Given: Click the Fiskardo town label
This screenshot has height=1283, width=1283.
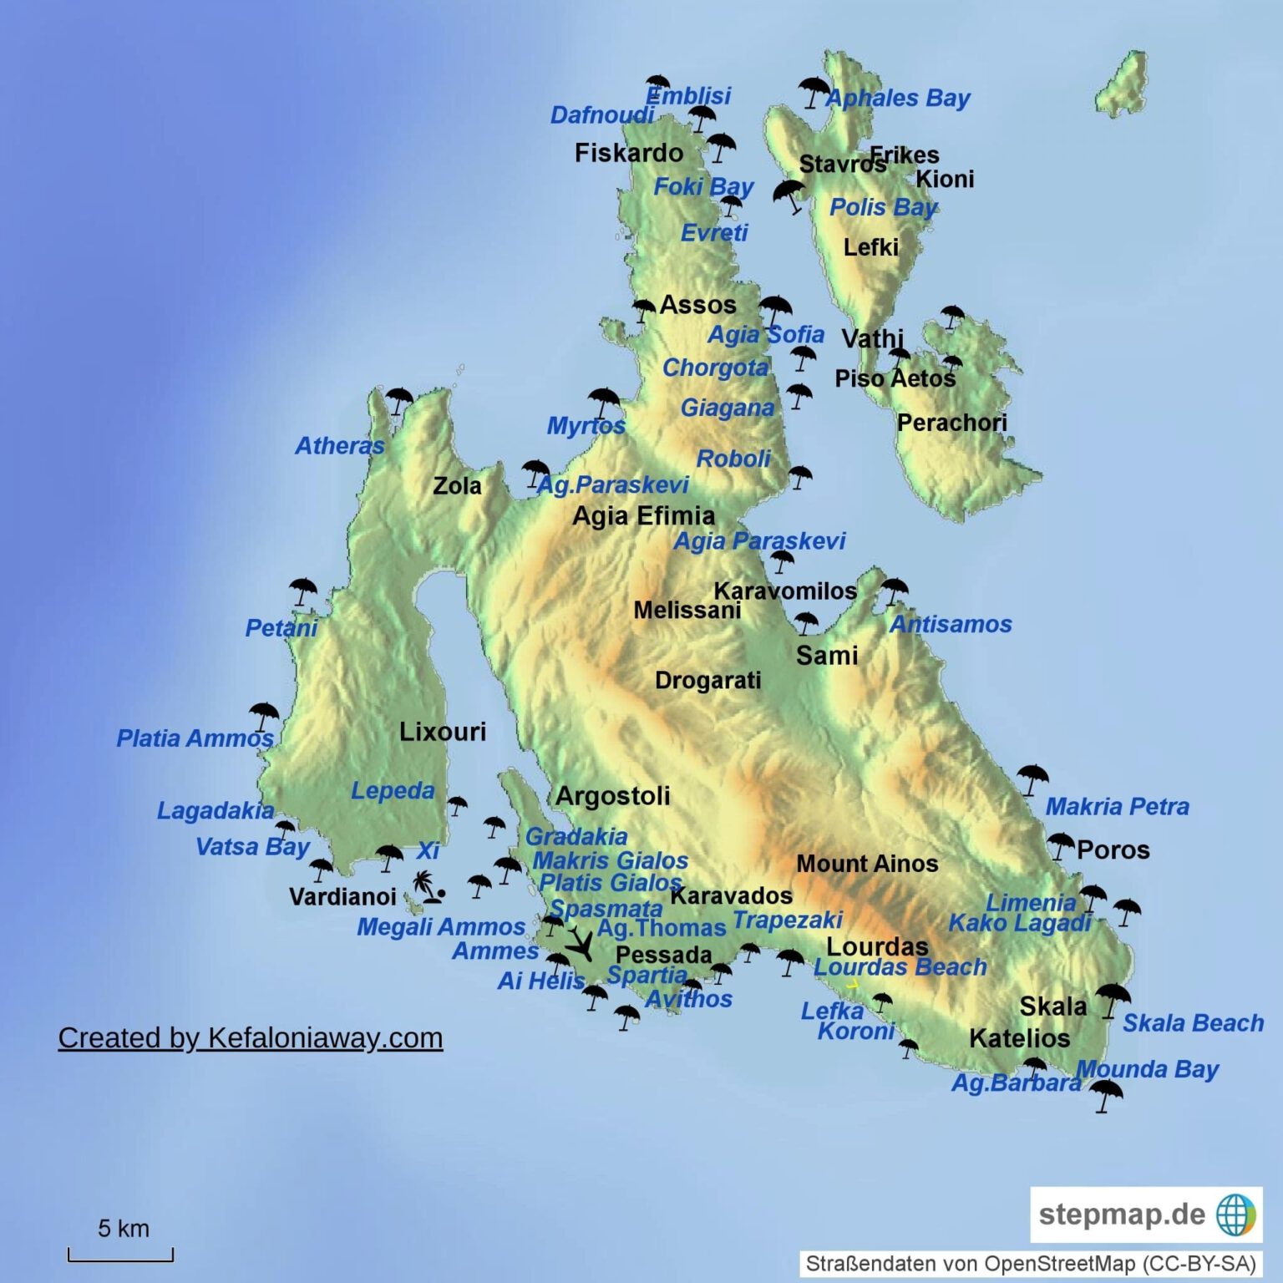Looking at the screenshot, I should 628,153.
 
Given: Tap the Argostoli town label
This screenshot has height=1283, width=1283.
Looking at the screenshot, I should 612,796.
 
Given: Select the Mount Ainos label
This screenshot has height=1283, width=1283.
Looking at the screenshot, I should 867,864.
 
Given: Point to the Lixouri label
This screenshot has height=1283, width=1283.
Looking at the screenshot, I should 442,732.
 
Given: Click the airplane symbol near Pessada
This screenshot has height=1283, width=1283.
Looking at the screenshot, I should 580,944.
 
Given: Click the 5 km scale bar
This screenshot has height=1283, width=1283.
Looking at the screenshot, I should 121,1253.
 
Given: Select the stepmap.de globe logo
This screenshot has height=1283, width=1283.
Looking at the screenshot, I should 1235,1215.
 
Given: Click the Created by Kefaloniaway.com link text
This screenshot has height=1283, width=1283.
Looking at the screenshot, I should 251,1037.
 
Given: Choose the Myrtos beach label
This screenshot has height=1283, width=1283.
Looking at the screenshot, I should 586,426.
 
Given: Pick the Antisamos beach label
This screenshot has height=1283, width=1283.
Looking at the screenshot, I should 951,624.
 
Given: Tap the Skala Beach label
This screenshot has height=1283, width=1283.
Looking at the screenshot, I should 1193,1023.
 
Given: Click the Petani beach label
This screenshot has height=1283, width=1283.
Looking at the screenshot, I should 281,628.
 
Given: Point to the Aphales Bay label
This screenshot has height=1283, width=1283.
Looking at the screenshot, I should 898,99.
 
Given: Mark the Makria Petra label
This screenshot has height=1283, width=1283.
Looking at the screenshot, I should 1117,807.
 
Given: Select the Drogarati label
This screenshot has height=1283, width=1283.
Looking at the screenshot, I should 707,681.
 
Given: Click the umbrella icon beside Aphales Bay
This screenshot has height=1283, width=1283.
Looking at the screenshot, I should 813,91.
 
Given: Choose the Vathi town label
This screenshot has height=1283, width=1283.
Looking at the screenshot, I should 872,339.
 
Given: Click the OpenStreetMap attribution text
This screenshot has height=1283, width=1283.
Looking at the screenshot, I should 1031,1264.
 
